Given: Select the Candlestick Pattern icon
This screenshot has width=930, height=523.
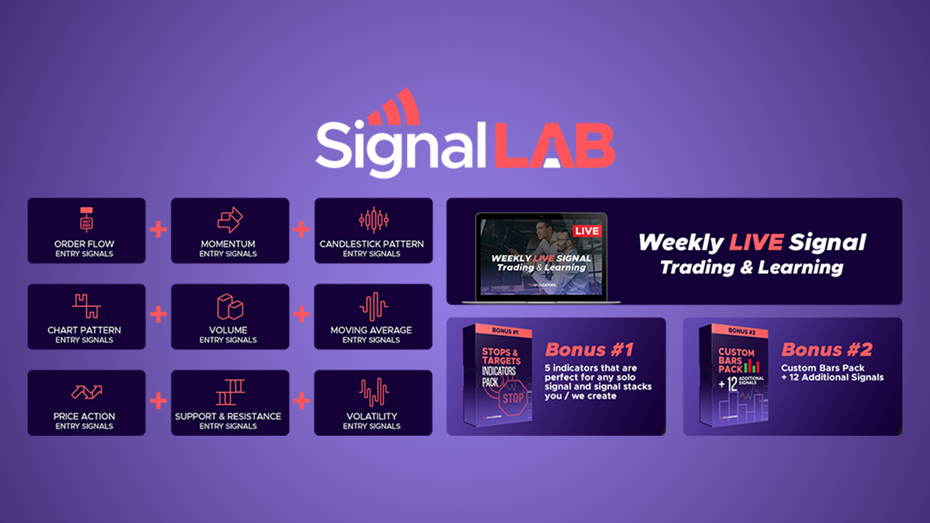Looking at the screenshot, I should click(x=373, y=219).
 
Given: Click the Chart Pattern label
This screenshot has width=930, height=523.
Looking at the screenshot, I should click(x=84, y=331).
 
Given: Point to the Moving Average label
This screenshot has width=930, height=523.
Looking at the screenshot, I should click(x=371, y=331).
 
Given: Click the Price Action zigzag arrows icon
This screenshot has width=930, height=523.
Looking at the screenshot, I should click(x=86, y=393).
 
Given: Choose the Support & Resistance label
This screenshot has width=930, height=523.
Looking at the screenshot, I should click(x=228, y=417).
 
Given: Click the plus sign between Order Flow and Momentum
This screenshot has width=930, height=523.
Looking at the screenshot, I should click(x=158, y=230).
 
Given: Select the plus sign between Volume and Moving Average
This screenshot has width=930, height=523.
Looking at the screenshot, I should click(x=301, y=315).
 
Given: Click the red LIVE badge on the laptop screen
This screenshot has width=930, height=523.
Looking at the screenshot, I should click(x=586, y=231).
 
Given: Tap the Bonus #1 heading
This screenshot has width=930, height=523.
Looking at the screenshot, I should click(x=589, y=349).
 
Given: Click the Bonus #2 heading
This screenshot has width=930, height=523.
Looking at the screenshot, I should click(x=825, y=349).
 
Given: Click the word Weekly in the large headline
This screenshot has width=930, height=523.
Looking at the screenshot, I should click(x=680, y=243).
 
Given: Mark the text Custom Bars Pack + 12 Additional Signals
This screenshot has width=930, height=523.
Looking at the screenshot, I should click(x=833, y=373).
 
